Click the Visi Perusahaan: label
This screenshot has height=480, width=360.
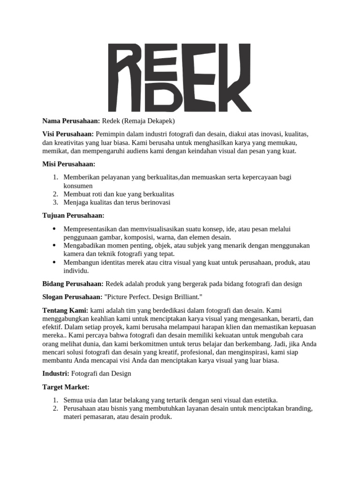68,135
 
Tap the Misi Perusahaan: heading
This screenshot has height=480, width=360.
69,165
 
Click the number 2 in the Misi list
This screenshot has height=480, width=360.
55,194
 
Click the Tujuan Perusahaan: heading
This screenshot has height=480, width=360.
73,215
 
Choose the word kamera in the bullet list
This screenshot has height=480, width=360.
73,254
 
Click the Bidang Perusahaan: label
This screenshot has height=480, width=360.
73,284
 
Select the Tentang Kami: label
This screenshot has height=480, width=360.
65,310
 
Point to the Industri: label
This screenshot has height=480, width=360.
56,374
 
